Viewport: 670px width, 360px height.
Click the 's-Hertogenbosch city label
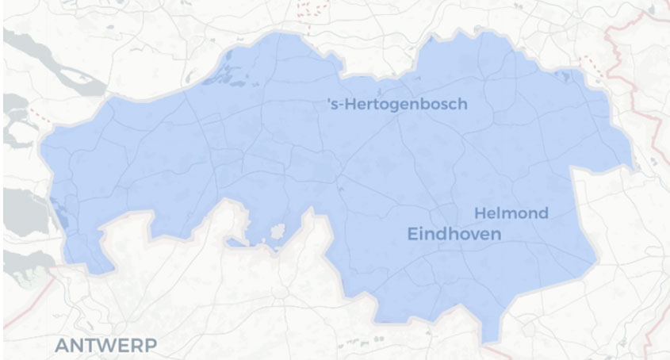point(397,105)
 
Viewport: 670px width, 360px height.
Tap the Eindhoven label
point(454,234)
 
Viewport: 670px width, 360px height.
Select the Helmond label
point(511,213)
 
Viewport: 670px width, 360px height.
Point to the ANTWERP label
point(105,345)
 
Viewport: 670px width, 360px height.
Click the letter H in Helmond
point(479,213)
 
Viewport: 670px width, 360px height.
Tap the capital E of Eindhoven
point(412,234)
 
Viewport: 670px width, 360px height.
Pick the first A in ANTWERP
point(60,345)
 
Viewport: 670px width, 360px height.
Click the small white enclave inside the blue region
point(278,232)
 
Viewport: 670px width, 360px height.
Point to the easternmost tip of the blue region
point(634,167)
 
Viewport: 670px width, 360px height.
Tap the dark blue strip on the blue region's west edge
point(57,209)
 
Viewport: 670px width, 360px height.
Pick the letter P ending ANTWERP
point(151,345)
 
